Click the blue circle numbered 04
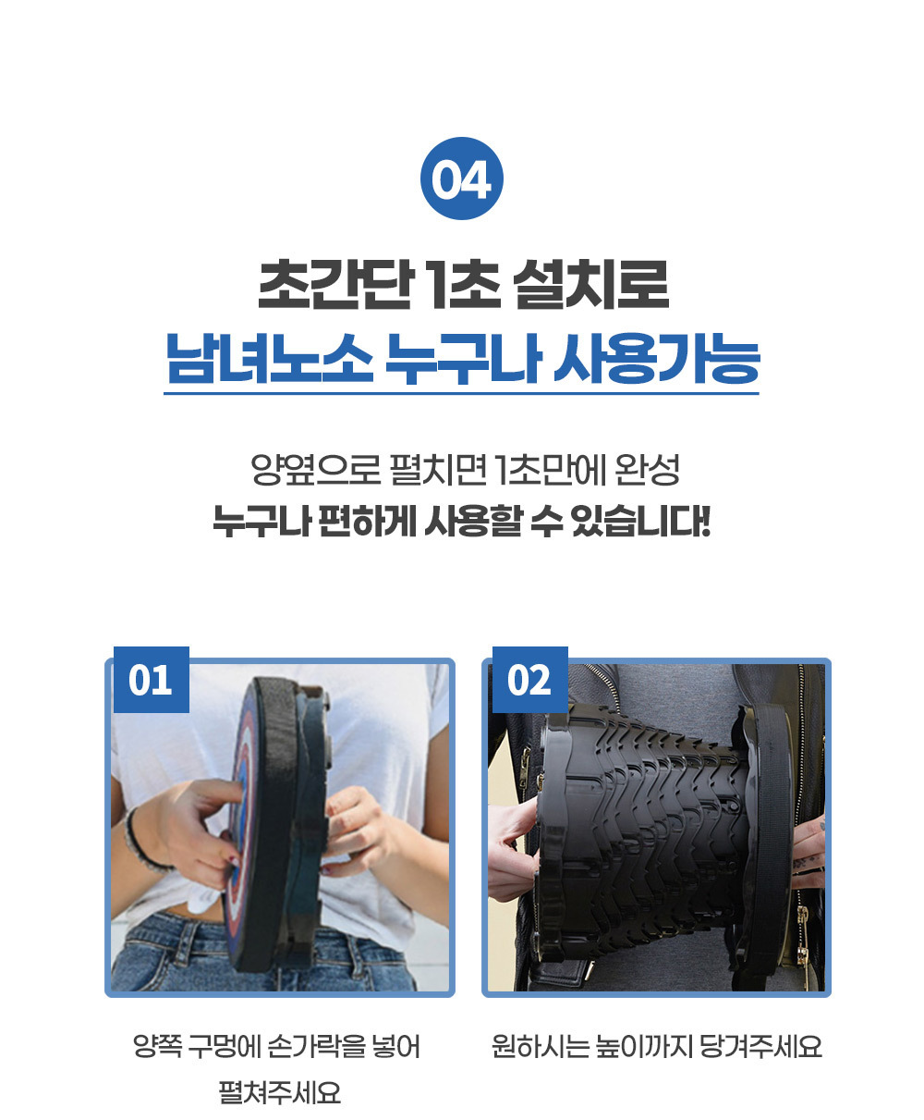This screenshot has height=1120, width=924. click(x=461, y=178)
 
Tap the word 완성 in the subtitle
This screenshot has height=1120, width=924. click(x=649, y=471)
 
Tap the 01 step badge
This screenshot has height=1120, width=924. click(x=151, y=680)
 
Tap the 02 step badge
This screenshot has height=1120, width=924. click(x=529, y=680)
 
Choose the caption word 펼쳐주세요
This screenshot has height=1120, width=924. click(x=279, y=1093)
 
